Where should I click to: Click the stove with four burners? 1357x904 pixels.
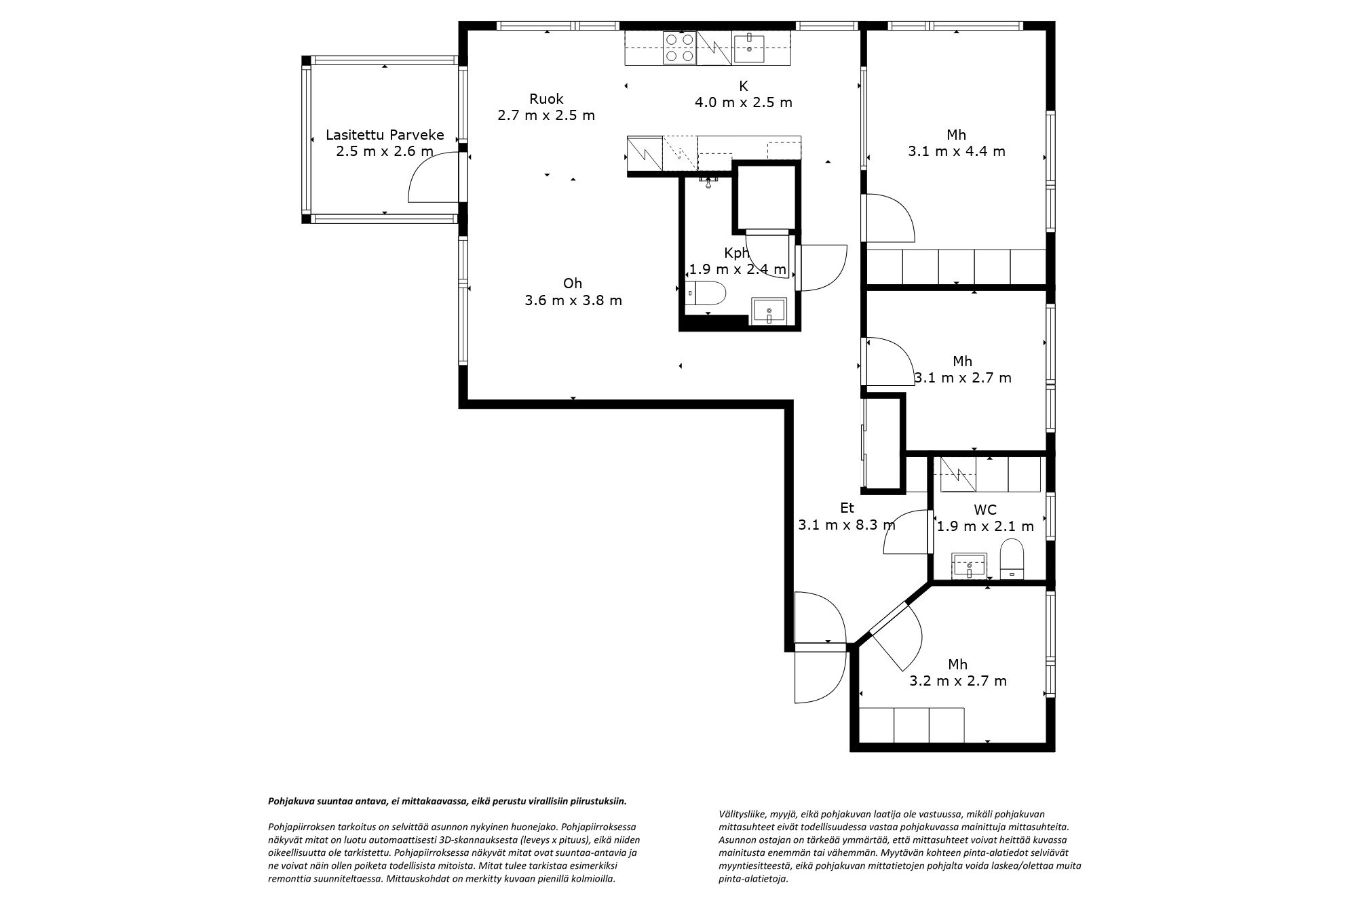[x=679, y=48]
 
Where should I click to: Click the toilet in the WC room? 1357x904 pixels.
[x=1012, y=559]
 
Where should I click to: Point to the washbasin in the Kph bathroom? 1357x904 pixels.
[x=769, y=311]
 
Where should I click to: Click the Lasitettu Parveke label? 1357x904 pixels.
[x=385, y=135]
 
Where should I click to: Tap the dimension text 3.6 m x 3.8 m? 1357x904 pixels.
[x=573, y=300]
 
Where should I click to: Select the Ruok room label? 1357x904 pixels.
[x=547, y=99]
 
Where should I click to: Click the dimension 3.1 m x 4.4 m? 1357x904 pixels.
[x=957, y=151]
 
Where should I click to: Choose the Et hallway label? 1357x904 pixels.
[x=847, y=507]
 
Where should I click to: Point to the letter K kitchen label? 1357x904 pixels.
[x=744, y=86]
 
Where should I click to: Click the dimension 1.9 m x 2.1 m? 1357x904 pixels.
[x=985, y=526]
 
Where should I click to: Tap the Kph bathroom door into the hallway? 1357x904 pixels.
[x=822, y=267]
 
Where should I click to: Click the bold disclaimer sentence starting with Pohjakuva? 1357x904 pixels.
[x=447, y=801]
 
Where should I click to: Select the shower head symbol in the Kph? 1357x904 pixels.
[x=708, y=182]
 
